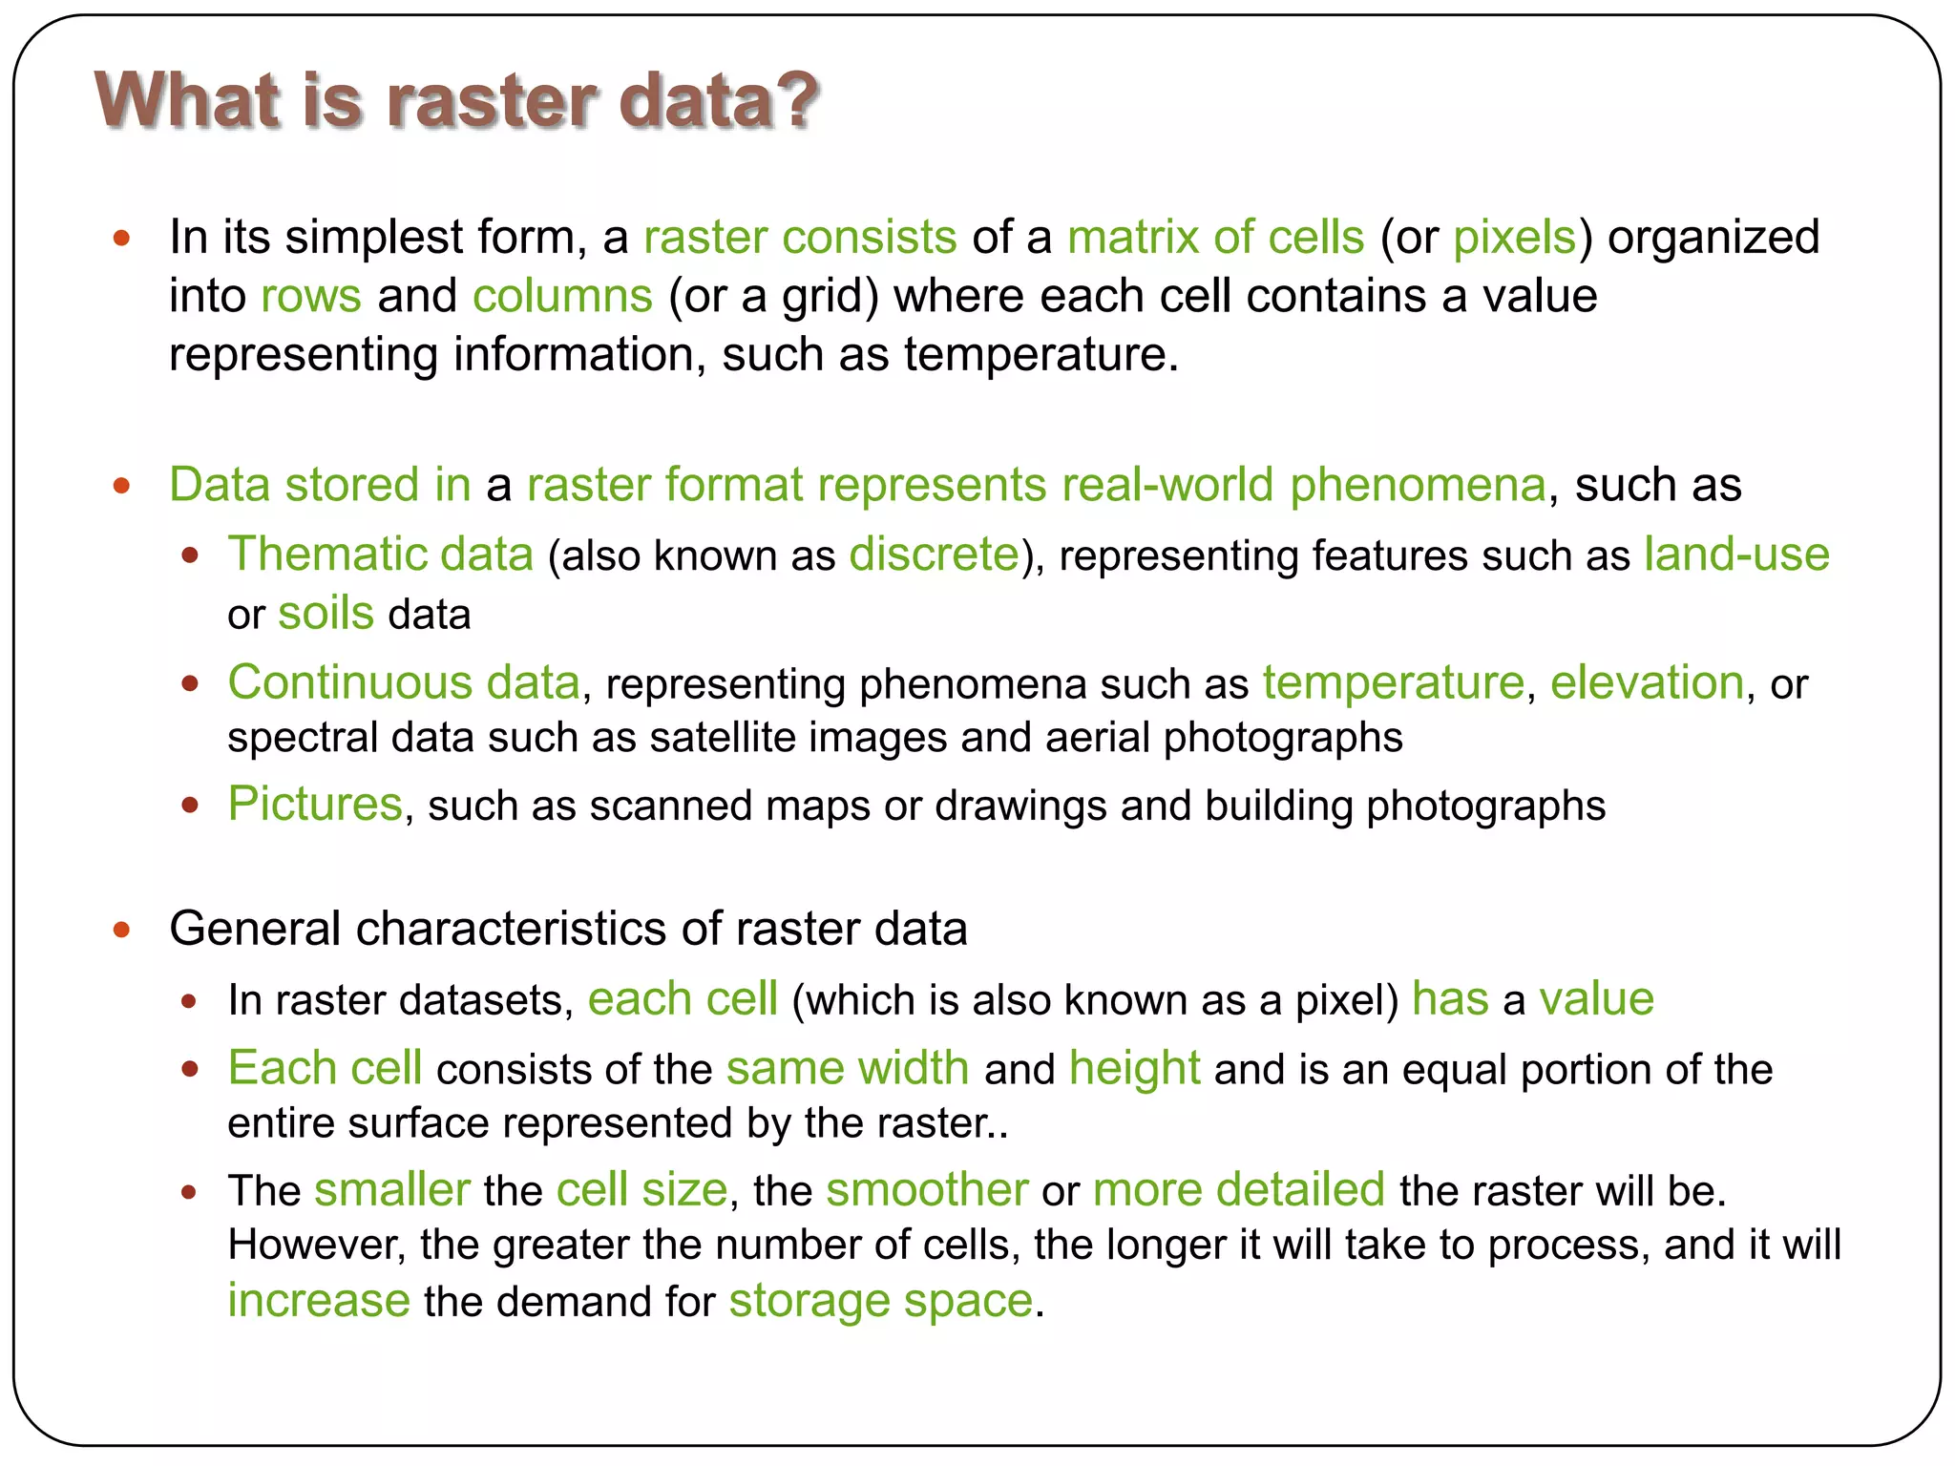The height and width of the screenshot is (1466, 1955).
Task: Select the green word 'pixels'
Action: (x=1514, y=238)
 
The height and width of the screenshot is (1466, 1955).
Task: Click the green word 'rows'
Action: (x=311, y=297)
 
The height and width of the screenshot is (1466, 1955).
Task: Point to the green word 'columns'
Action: (x=562, y=297)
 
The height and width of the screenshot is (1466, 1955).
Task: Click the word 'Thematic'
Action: (x=325, y=555)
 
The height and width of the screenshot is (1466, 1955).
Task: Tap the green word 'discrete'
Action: (x=934, y=555)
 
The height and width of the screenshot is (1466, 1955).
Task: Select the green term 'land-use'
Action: (x=1736, y=555)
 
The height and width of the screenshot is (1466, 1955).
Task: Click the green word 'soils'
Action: (x=326, y=614)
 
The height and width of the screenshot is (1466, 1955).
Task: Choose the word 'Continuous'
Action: (x=349, y=683)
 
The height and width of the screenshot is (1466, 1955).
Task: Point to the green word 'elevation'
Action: (x=1647, y=683)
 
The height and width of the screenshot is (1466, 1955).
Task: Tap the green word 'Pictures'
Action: (x=315, y=805)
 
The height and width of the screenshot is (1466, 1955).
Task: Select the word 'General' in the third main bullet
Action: (x=254, y=929)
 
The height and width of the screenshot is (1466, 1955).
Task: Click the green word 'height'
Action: (x=1134, y=1068)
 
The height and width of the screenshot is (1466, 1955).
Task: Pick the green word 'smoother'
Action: (x=927, y=1190)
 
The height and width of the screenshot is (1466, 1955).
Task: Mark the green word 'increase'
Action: (x=319, y=1301)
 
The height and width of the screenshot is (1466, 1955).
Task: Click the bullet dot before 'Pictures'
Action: (x=190, y=806)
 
